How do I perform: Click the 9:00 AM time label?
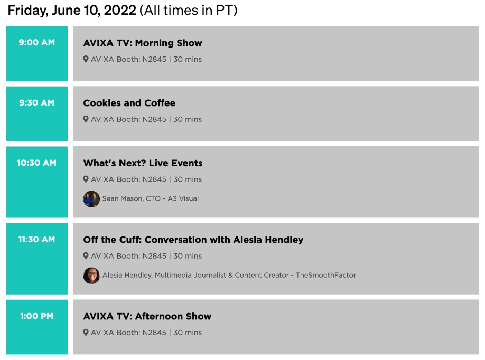coord(37,42)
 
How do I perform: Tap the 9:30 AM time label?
coord(37,102)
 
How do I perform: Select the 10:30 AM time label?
coord(37,163)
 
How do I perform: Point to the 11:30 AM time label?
coord(37,240)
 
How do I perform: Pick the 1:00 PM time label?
coord(37,316)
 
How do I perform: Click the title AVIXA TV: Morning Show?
coord(143,43)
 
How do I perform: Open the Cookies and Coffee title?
coord(129,103)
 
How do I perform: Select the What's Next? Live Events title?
coord(143,163)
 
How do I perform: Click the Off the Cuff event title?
coord(193,240)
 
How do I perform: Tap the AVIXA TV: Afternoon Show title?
coord(147,316)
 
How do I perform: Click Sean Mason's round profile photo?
coord(91,199)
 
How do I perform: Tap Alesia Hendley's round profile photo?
coord(91,276)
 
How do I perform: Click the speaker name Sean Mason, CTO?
coord(132,198)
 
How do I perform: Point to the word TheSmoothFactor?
coord(325,275)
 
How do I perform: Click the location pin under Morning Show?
coord(86,59)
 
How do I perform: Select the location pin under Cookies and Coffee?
coord(86,119)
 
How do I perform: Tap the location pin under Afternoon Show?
coord(86,333)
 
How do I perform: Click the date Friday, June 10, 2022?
coord(72,11)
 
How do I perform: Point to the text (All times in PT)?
coord(189,11)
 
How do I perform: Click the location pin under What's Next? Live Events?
coord(86,179)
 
